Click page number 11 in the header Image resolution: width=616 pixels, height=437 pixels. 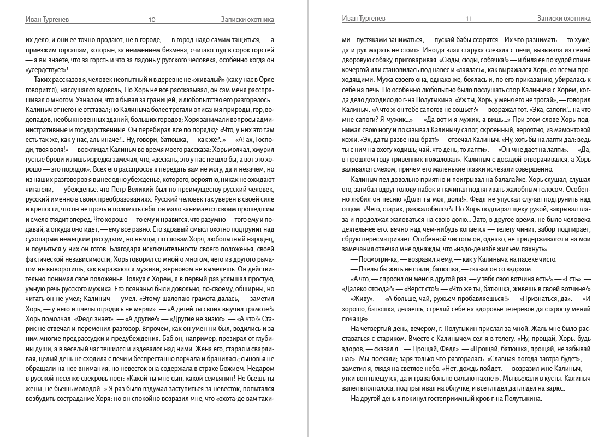pos(469,19)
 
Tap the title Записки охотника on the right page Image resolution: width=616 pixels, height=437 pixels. pos(564,19)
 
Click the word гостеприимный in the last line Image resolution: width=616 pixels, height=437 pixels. pos(440,398)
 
